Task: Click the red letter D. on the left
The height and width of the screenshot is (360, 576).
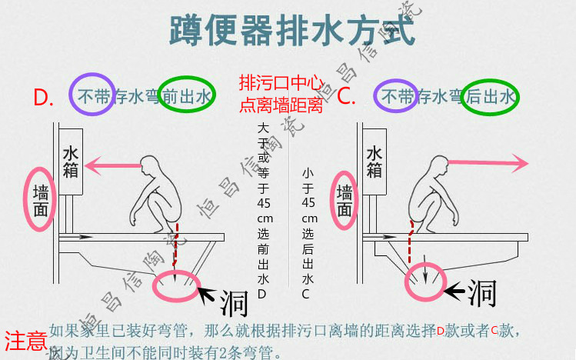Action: click(44, 98)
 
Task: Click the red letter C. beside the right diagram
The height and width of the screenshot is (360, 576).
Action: click(347, 97)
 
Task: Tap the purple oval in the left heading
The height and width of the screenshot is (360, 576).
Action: click(93, 95)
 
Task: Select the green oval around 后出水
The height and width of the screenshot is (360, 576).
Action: click(490, 96)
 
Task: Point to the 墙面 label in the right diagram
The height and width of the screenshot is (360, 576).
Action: click(345, 198)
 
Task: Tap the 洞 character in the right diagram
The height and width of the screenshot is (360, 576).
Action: click(480, 292)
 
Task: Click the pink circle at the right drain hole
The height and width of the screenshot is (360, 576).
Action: click(425, 280)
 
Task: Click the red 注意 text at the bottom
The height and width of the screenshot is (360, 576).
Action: click(25, 340)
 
